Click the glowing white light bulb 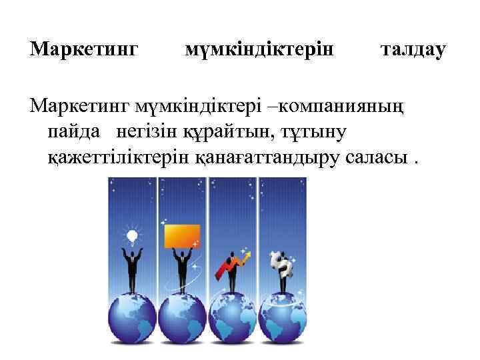pos(132,235)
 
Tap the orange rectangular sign pos(182,236)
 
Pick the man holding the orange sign pos(182,270)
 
